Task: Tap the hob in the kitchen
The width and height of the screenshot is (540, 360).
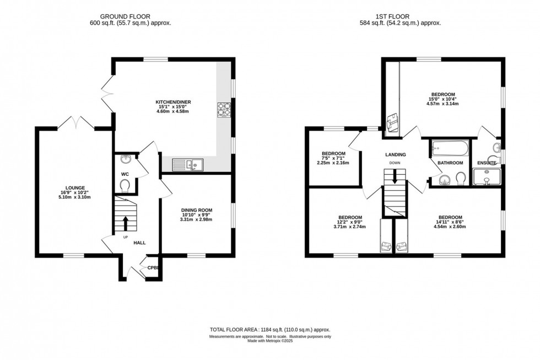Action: click(224, 110)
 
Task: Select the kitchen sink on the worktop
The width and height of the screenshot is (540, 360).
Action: click(187, 164)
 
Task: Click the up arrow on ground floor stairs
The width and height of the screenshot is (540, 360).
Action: click(125, 222)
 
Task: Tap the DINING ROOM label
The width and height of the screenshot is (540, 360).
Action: click(197, 210)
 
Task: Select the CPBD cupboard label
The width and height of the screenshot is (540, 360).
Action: click(153, 268)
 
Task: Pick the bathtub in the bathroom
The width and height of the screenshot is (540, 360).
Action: click(449, 148)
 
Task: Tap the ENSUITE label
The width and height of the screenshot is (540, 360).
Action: click(486, 163)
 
